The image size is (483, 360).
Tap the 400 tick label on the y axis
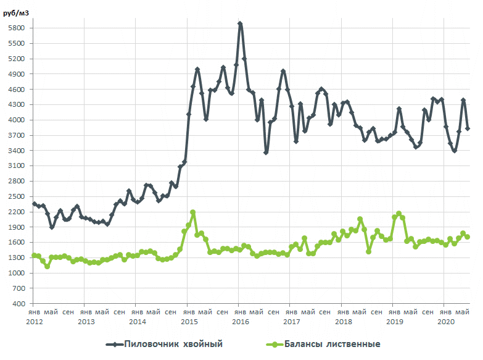pyautogui.click(x=19, y=304)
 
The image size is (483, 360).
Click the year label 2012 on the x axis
pyautogui.click(x=35, y=322)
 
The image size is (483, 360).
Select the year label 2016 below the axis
pyautogui.click(x=240, y=322)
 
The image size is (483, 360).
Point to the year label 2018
pyautogui.click(x=342, y=322)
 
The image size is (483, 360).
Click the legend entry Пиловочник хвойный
pyautogui.click(x=173, y=344)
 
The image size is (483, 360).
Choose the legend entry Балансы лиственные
pyautogui.click(x=331, y=344)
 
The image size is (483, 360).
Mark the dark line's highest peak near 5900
pyautogui.click(x=240, y=24)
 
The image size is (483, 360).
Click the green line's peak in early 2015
pyautogui.click(x=192, y=212)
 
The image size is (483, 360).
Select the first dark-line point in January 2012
pyautogui.click(x=35, y=204)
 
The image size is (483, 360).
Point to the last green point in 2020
pyautogui.click(x=468, y=237)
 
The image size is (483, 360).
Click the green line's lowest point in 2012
pyautogui.click(x=47, y=266)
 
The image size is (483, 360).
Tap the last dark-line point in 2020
pyautogui.click(x=468, y=128)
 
